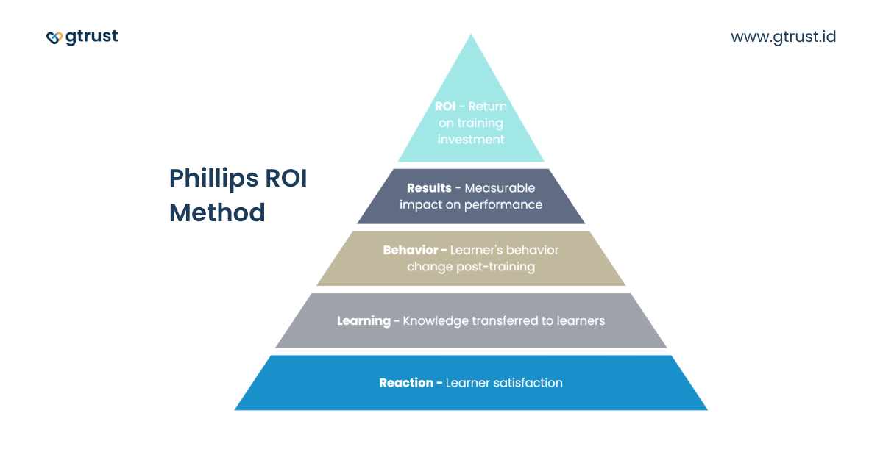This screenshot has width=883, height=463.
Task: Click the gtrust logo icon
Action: [54, 37]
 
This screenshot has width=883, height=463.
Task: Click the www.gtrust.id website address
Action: [783, 36]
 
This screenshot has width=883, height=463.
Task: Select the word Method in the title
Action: [217, 212]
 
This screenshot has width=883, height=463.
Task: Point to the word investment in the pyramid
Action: [471, 139]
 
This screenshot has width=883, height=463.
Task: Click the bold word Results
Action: [429, 188]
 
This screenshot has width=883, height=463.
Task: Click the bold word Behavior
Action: [410, 250]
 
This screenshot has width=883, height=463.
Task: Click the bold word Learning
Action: [364, 320]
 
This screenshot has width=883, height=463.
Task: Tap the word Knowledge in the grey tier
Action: [436, 320]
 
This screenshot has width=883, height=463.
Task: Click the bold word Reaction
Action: [406, 382]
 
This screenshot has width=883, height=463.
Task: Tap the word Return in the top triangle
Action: [489, 107]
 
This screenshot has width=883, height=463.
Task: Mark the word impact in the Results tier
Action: [416, 204]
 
